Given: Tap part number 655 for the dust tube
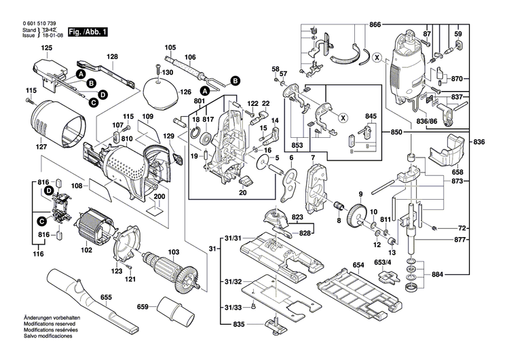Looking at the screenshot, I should click(x=106, y=296).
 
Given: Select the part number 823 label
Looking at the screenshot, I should click(x=297, y=217).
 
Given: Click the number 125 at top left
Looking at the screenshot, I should click(x=46, y=48).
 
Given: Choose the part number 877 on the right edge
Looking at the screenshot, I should click(x=459, y=240).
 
